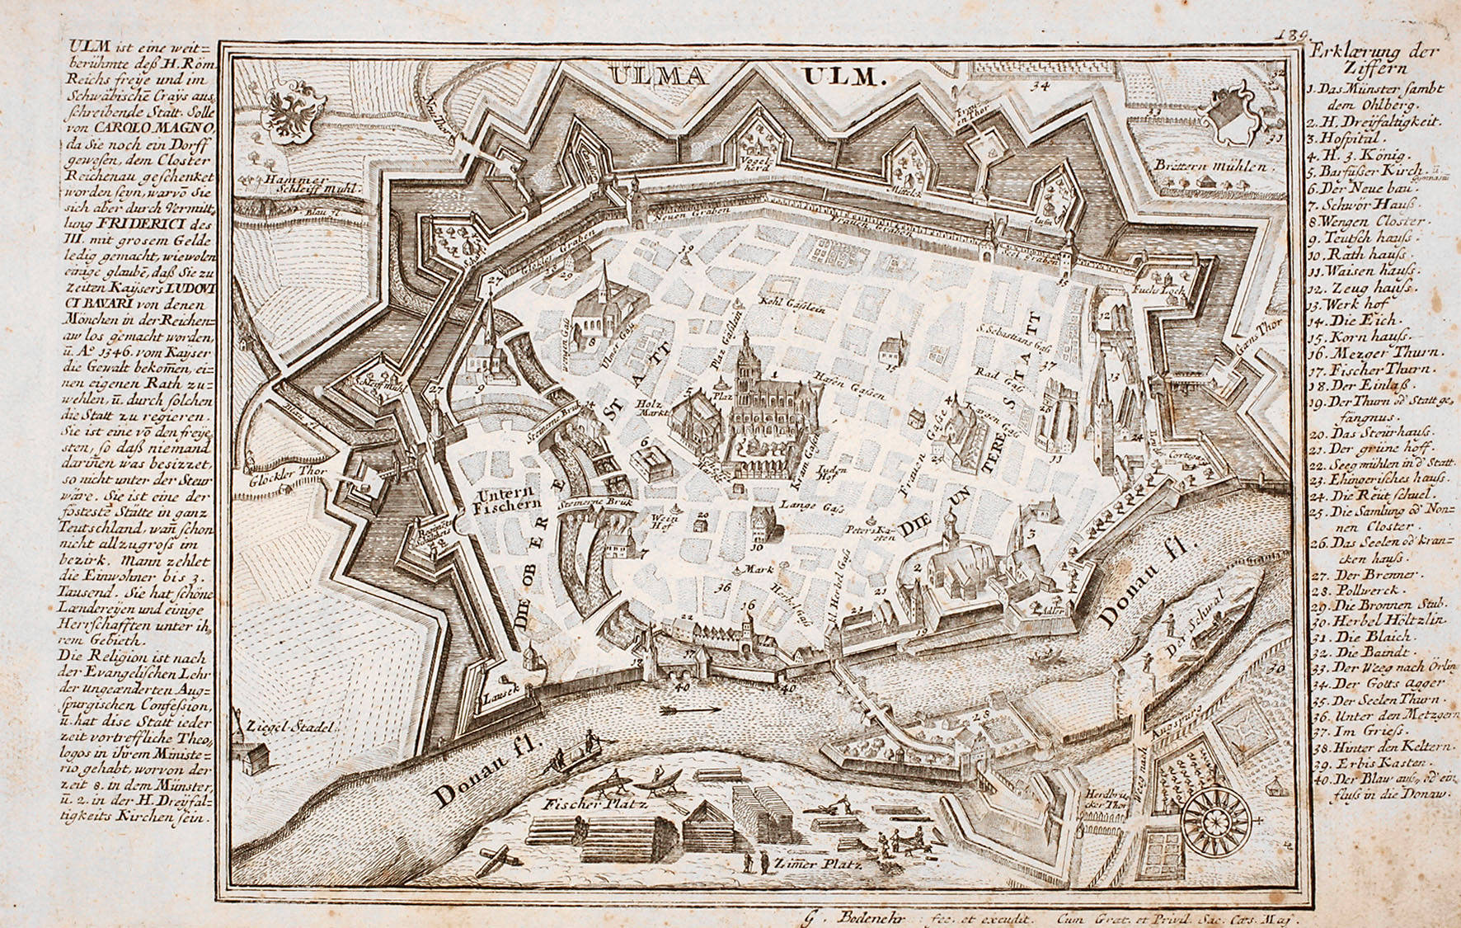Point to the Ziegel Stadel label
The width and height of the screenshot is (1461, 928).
(x=289, y=728)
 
